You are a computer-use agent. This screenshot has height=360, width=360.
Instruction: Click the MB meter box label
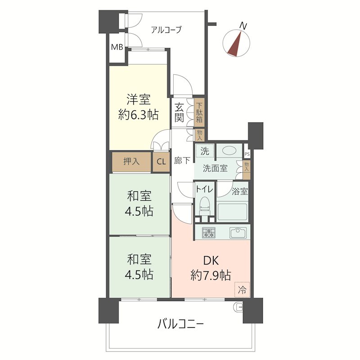[117, 47]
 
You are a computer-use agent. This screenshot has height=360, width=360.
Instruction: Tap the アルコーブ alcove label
[166, 30]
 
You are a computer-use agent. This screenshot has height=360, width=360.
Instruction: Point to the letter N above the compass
[243, 26]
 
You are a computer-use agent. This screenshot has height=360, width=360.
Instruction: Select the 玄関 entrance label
[179, 112]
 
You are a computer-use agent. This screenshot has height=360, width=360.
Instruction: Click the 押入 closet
[131, 162]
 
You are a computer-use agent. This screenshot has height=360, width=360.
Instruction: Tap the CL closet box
[161, 162]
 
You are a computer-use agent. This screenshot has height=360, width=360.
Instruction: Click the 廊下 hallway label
[182, 160]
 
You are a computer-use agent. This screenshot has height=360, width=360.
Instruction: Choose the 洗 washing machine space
[205, 151]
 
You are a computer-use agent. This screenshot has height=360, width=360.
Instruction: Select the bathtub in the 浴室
[232, 211]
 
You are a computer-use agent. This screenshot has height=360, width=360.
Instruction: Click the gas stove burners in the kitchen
[208, 232]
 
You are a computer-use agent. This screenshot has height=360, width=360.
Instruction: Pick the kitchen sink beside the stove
[238, 233]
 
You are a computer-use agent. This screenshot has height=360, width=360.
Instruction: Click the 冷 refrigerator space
[242, 290]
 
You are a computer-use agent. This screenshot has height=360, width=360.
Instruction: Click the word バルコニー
[181, 324]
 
